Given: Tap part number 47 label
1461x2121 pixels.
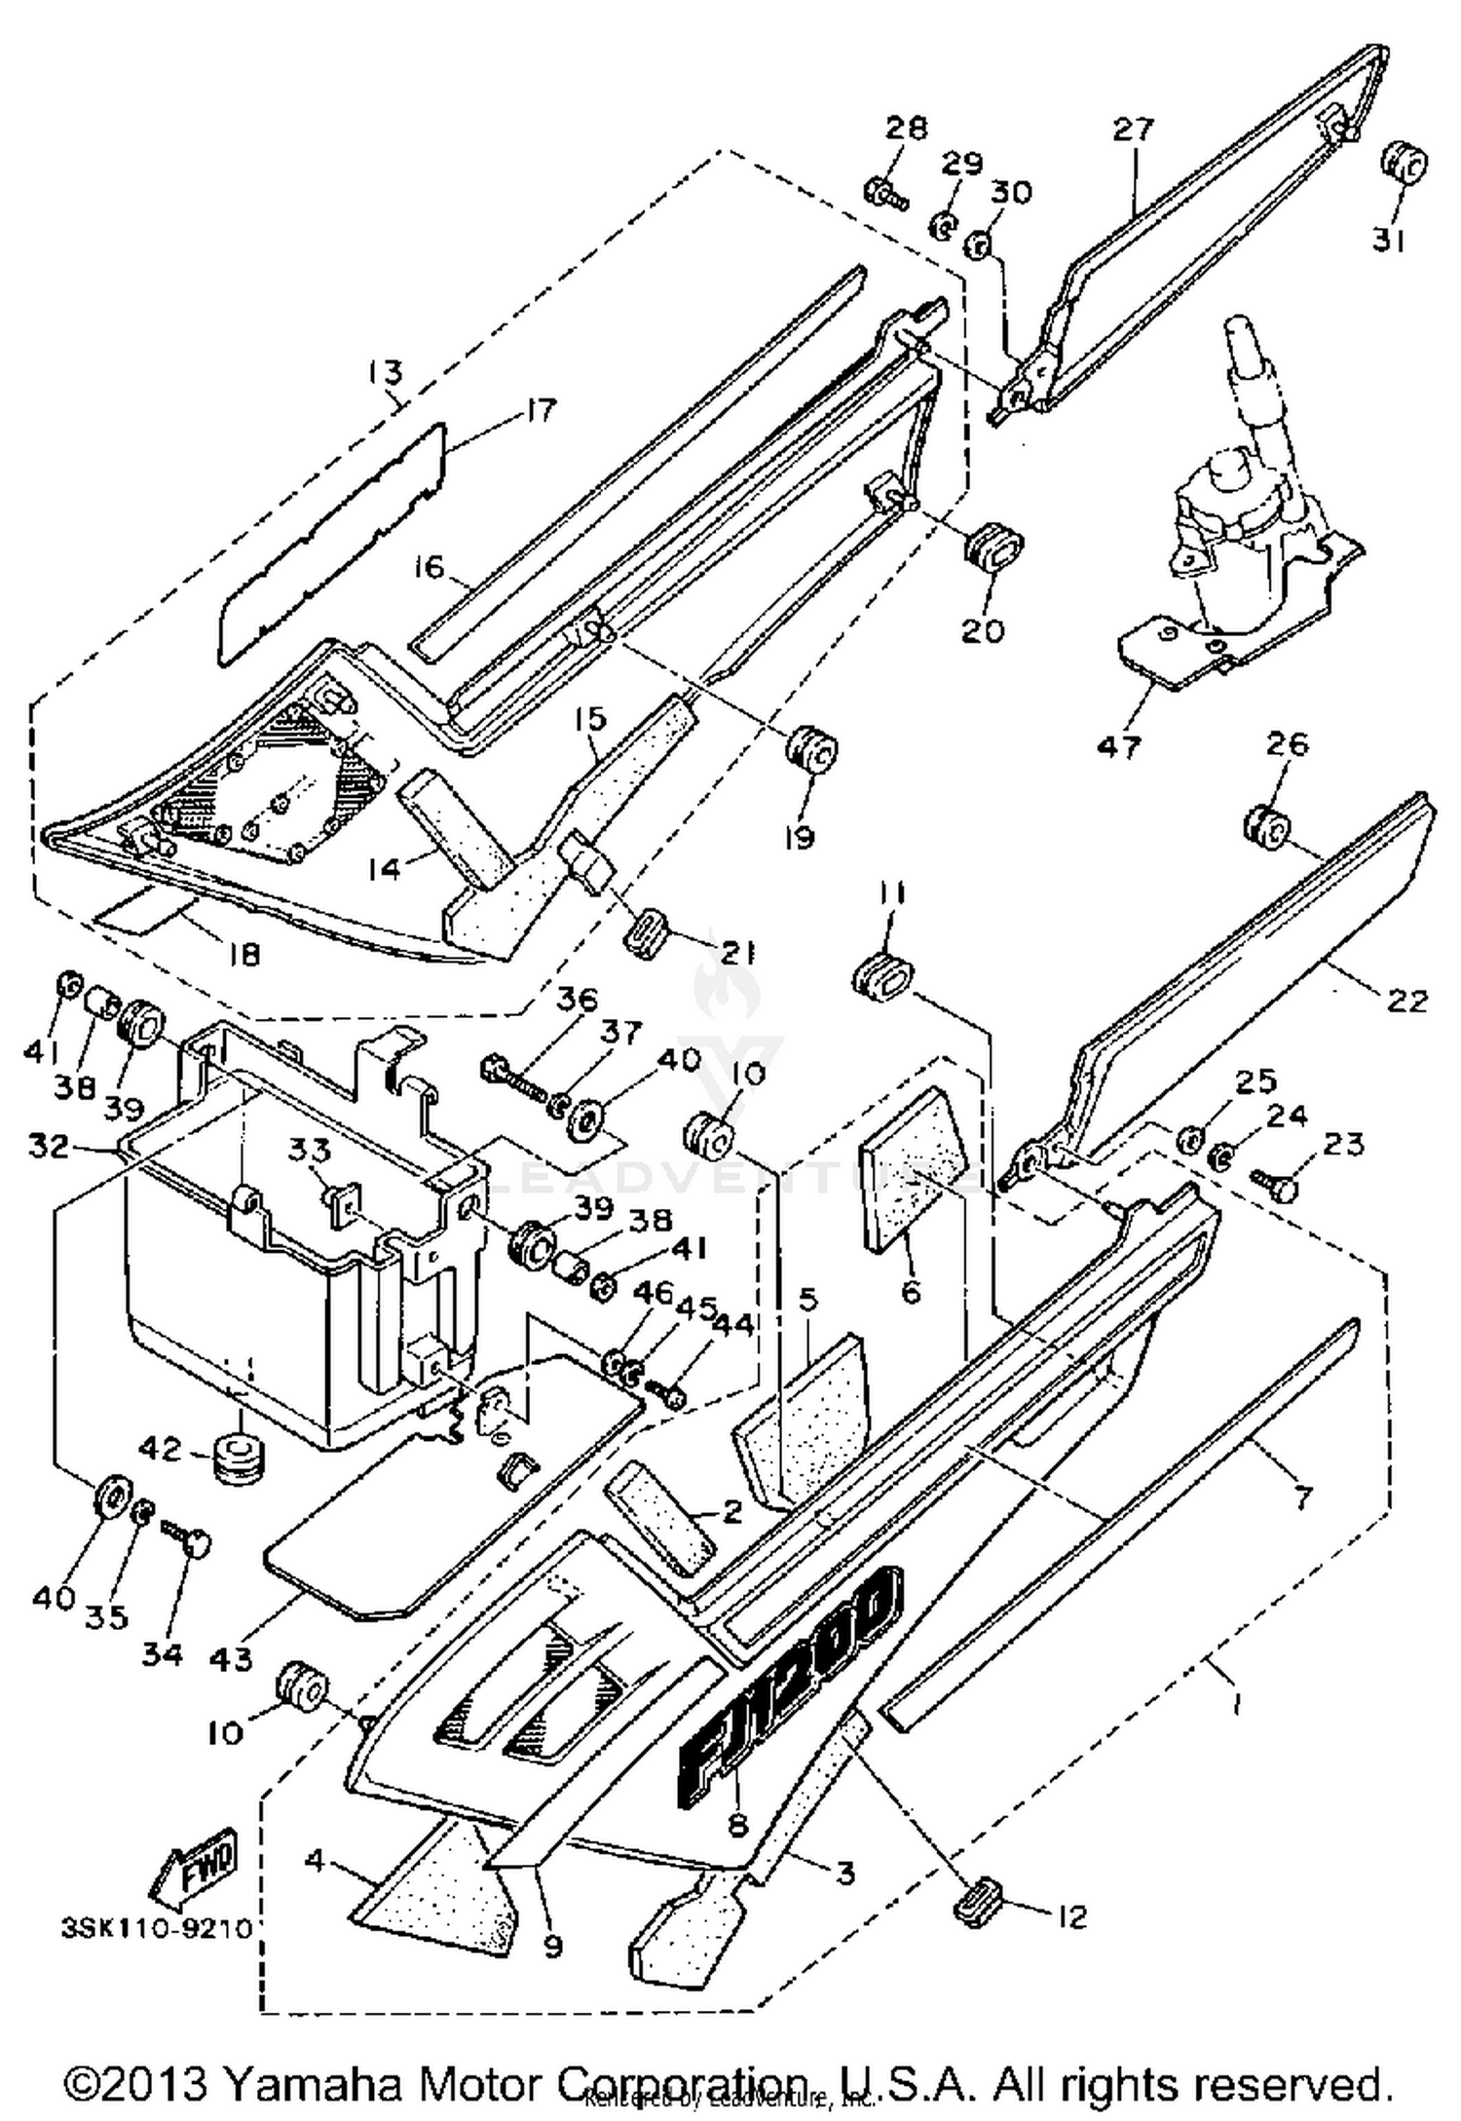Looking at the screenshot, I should click(1118, 747).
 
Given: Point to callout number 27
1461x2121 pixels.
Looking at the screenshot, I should click(1133, 129).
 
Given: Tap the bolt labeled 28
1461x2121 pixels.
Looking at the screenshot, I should click(884, 192).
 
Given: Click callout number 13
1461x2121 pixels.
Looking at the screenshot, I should click(385, 371).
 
